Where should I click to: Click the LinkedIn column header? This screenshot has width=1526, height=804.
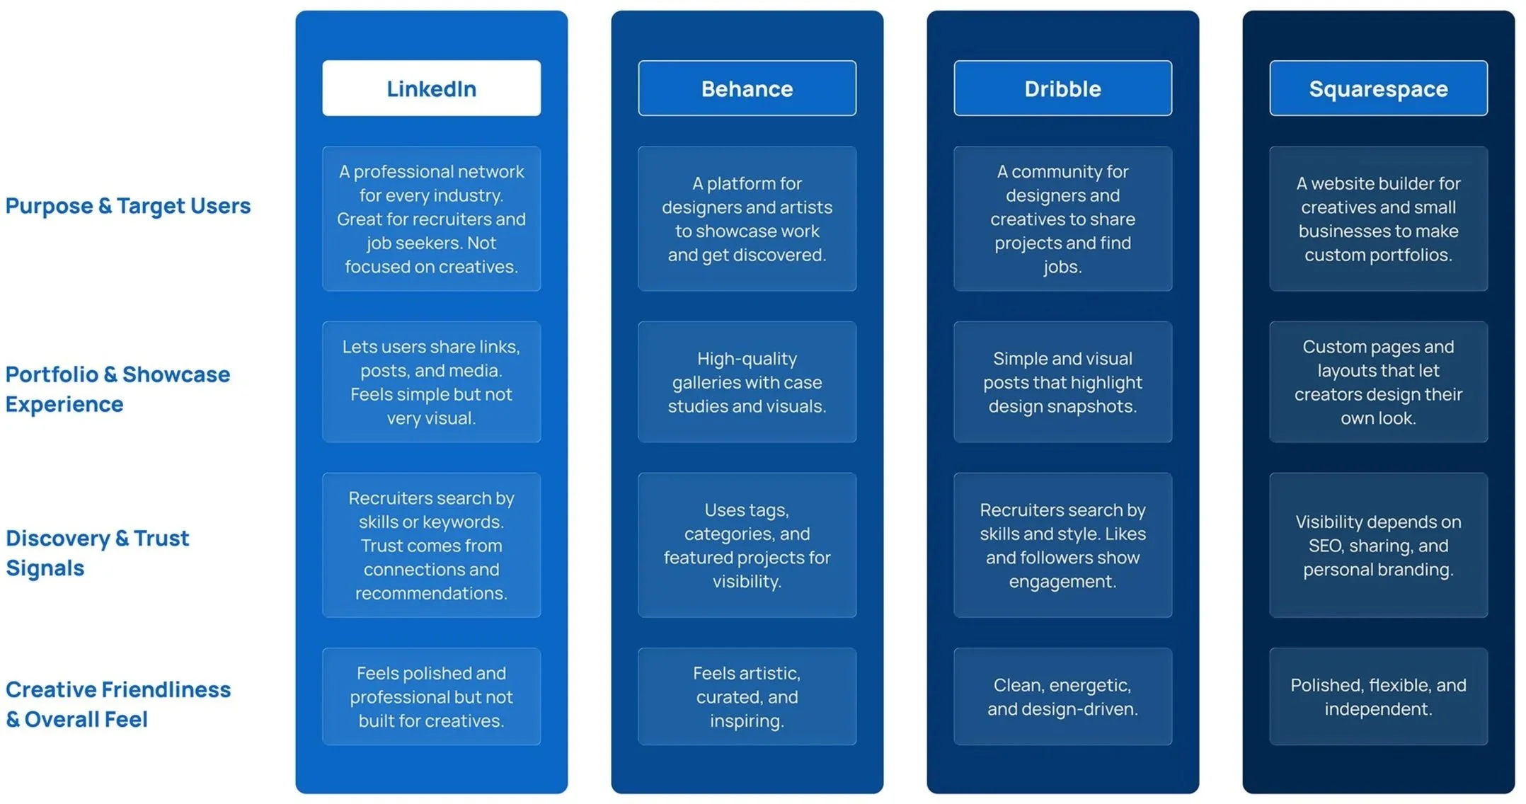(431, 88)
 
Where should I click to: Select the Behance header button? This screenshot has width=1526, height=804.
(747, 88)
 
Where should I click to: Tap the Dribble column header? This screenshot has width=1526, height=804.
(1062, 88)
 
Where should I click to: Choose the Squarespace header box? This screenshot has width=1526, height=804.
(1378, 88)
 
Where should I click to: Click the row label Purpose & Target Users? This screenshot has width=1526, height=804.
(128, 206)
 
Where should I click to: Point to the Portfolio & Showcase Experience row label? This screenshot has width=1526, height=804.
(117, 389)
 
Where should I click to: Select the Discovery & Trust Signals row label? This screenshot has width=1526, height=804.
(97, 553)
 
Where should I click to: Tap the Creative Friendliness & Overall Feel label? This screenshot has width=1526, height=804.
(117, 704)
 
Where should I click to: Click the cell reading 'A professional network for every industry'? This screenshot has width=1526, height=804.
(431, 219)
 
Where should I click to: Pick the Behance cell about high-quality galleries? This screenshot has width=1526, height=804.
(747, 382)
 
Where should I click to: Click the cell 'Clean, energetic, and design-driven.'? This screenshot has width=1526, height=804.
(1062, 696)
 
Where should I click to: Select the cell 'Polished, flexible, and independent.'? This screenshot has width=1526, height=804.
(1378, 696)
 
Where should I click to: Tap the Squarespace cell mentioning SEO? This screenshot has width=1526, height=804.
(1378, 546)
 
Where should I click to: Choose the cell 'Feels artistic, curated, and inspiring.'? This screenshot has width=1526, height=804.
(747, 696)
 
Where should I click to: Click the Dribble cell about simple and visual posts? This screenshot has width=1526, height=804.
(1062, 382)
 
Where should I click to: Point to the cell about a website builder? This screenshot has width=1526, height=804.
(1378, 219)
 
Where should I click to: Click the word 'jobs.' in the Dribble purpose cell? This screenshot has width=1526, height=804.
(1062, 268)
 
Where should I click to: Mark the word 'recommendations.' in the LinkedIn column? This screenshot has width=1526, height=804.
(431, 593)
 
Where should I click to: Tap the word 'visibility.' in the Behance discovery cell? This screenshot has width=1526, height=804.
(747, 582)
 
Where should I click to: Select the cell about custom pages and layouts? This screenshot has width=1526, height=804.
(1378, 382)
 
